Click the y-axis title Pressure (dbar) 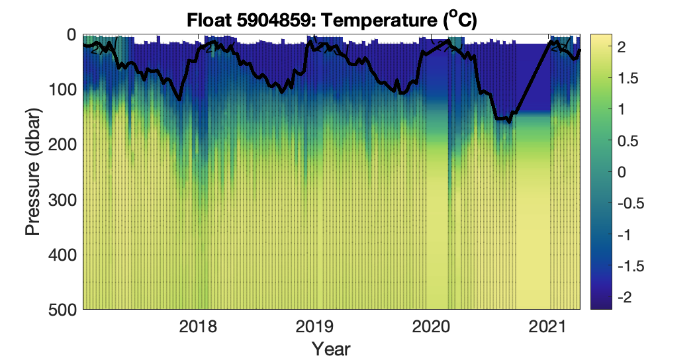point(32,171)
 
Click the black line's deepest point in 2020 point(508,122)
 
